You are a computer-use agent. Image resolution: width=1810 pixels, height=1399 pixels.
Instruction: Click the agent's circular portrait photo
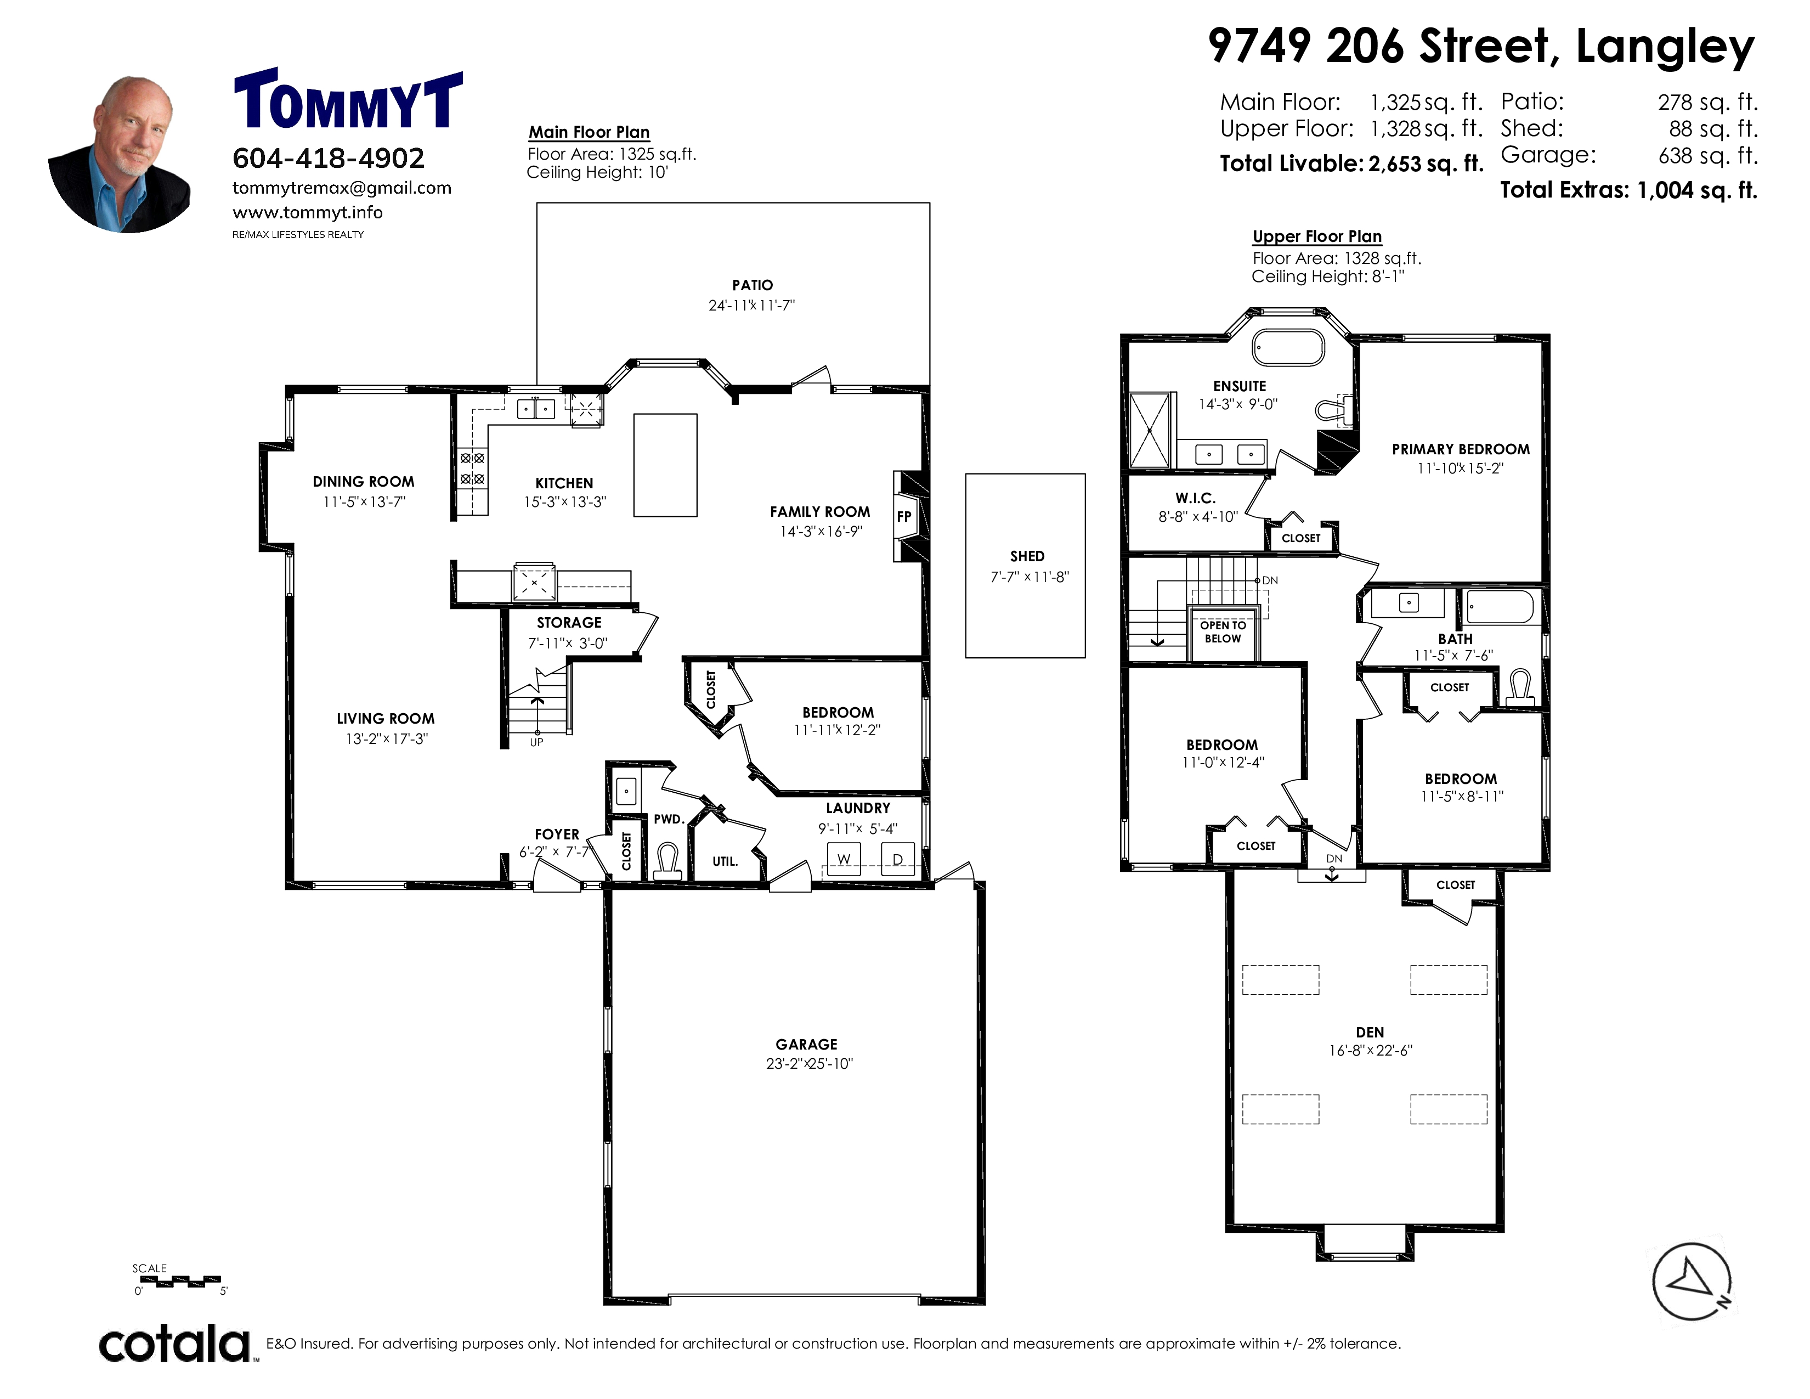coord(120,154)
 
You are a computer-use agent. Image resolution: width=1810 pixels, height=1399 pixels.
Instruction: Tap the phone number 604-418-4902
coord(328,157)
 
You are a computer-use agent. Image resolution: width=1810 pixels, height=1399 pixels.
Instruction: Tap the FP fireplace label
coord(903,516)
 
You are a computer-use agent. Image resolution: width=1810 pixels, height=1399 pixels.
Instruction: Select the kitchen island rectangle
coord(665,466)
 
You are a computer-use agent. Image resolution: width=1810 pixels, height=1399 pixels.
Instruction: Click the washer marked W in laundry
coord(844,859)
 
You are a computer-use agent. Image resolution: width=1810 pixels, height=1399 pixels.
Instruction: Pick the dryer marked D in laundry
coord(897,859)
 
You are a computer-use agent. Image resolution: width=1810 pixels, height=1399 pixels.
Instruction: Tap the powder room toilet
coord(668,860)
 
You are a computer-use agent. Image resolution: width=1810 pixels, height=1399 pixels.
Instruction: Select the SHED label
coord(1027,556)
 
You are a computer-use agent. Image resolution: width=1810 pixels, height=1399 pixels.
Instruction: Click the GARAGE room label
coord(806,1044)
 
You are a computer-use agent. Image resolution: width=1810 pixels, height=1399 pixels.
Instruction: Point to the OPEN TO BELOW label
coord(1223,631)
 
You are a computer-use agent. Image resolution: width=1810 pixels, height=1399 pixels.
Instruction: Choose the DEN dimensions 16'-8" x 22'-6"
coord(1371,1050)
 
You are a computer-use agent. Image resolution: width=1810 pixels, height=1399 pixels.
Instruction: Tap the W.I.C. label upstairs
coord(1195,498)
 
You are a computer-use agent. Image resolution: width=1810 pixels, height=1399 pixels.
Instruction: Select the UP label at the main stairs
coord(536,742)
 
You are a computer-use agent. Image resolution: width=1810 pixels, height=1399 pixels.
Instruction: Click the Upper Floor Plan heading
coord(1317,237)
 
